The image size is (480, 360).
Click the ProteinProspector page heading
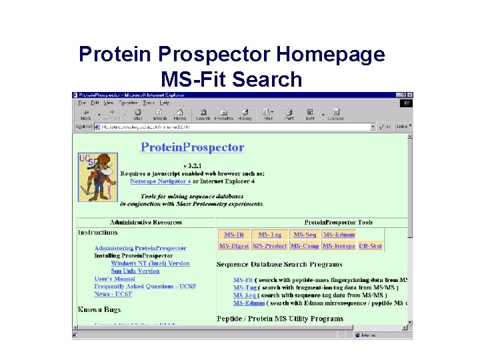point(192,147)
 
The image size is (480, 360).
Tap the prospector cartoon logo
point(98,177)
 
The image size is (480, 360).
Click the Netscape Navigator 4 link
point(160,181)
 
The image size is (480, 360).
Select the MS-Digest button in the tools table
point(234,246)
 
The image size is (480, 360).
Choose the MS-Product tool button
point(270,246)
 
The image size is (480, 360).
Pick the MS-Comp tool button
point(305,246)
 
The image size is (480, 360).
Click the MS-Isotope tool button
point(339,246)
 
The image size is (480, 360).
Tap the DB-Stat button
point(371,246)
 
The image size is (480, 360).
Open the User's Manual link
point(111,279)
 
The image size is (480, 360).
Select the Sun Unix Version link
point(135,271)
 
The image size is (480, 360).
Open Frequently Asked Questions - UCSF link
point(145,287)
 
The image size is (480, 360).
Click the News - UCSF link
point(113,294)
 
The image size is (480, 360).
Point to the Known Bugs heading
point(99,309)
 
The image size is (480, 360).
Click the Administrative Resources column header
point(146,222)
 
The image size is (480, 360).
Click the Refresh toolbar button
point(158,115)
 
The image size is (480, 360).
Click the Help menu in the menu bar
point(164,103)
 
